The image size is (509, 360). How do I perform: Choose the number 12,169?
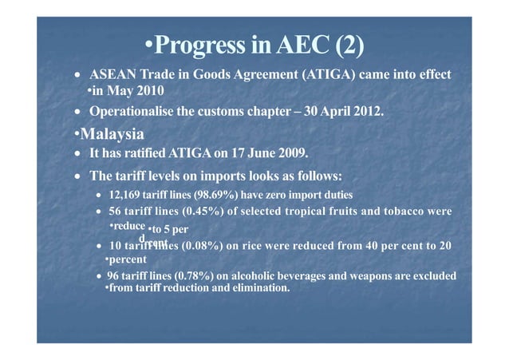click(124, 195)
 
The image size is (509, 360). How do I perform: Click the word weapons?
click(355, 276)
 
